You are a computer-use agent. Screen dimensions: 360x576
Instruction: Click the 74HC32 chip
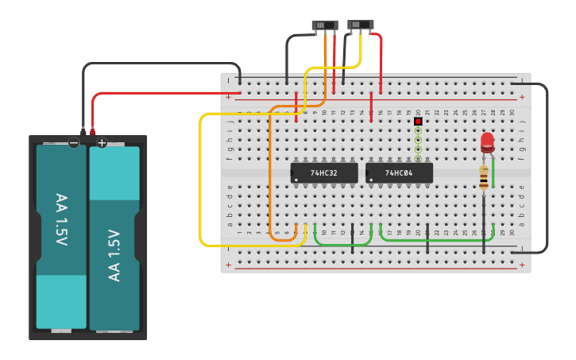[323, 172]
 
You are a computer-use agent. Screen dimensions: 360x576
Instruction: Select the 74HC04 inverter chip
[399, 172]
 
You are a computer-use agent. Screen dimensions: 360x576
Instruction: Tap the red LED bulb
[487, 141]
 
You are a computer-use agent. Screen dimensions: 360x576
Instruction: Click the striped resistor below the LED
[484, 178]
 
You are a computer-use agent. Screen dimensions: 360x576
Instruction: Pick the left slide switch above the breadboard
[325, 25]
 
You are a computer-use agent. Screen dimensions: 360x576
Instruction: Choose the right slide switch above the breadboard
[361, 25]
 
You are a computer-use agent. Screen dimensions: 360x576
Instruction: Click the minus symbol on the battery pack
[73, 143]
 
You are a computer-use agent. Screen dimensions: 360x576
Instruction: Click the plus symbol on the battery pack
[102, 143]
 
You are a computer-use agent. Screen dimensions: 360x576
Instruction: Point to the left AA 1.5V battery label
[61, 219]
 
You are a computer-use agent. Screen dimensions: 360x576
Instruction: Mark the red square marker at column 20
[418, 122]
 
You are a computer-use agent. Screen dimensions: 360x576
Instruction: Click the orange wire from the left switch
[271, 175]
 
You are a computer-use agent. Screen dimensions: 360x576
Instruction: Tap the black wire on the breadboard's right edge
[547, 167]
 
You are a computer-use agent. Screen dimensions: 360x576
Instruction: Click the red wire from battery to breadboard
[159, 93]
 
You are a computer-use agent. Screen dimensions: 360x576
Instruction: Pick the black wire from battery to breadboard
[159, 64]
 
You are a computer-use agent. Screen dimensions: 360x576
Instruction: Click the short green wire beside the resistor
[493, 173]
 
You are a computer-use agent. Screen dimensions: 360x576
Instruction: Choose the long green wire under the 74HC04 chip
[437, 238]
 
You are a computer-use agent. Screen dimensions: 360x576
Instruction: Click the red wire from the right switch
[381, 64]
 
